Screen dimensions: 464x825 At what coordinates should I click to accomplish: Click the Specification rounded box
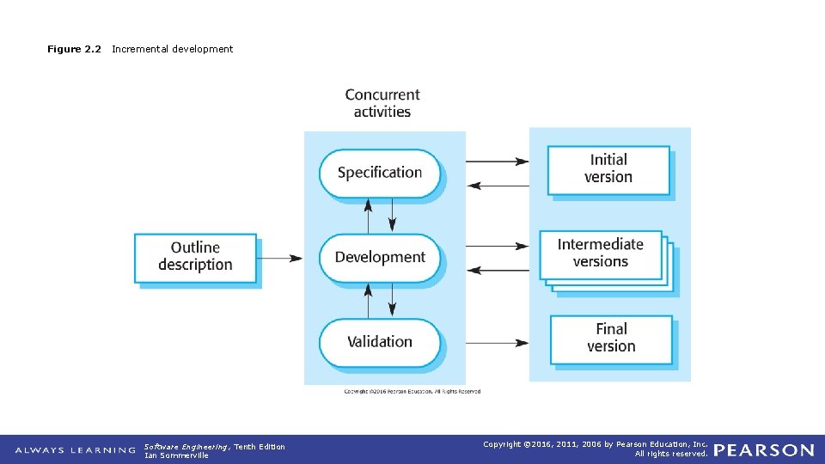click(380, 173)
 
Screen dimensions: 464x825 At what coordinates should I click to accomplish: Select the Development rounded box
click(380, 257)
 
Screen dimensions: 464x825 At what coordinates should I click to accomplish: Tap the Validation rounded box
click(380, 342)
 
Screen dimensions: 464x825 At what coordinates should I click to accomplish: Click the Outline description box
click(195, 257)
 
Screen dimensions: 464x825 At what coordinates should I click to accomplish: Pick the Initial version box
click(608, 169)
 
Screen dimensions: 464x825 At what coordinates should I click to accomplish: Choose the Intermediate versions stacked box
click(601, 253)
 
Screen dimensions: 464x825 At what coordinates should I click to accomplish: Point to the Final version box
click(611, 338)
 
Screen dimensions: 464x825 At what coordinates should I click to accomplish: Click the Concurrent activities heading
click(382, 103)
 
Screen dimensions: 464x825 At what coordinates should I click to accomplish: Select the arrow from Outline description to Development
click(280, 257)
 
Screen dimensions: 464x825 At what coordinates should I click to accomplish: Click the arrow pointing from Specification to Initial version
click(498, 161)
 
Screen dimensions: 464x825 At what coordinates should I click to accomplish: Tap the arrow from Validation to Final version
click(498, 343)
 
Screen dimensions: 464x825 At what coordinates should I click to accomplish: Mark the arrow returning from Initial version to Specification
click(498, 185)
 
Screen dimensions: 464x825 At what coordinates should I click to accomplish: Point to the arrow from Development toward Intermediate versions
click(498, 246)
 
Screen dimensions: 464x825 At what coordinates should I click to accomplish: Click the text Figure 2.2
click(74, 49)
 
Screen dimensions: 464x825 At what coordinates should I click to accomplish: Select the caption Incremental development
click(172, 49)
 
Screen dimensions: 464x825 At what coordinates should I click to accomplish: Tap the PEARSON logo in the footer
click(764, 450)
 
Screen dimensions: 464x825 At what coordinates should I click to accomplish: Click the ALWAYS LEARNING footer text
click(76, 450)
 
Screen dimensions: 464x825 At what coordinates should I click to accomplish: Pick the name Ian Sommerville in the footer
click(176, 455)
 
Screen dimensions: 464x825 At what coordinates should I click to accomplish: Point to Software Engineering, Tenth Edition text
click(215, 446)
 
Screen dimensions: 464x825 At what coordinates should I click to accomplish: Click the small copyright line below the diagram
click(412, 392)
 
